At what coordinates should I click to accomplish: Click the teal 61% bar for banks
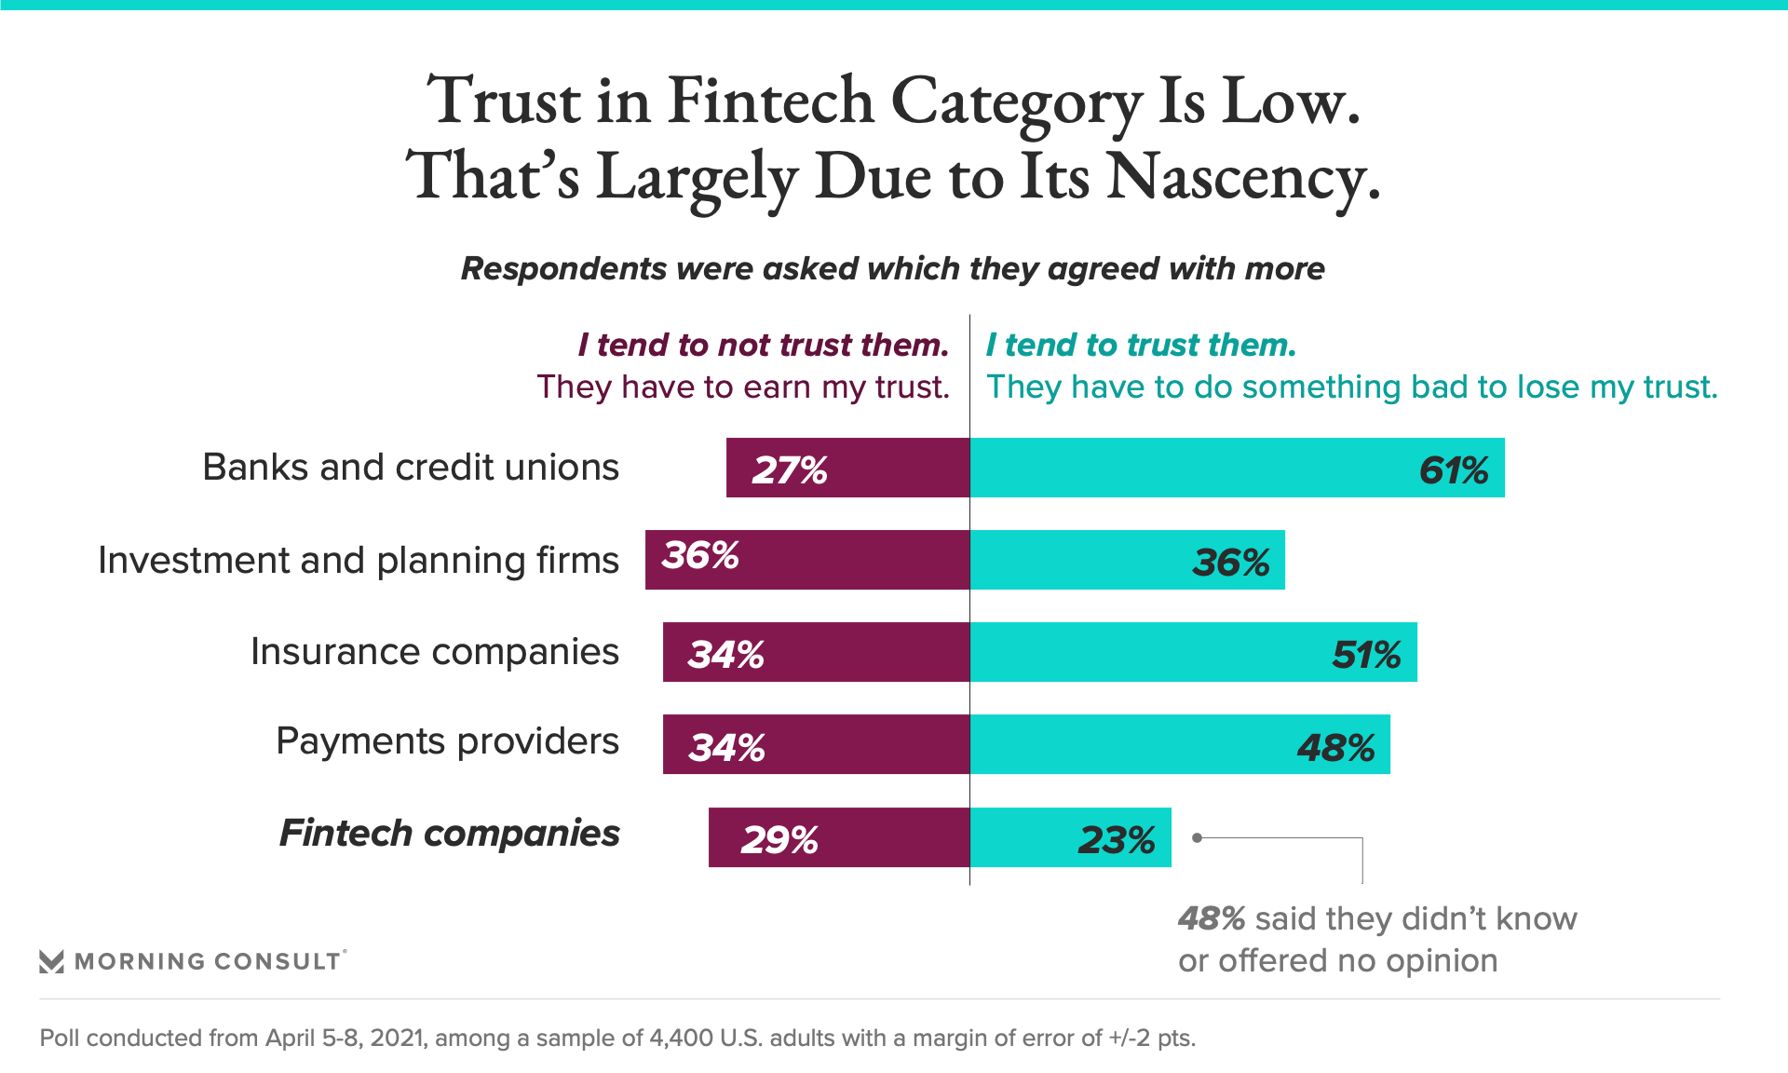coord(1237,468)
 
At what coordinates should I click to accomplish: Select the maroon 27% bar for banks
coord(847,468)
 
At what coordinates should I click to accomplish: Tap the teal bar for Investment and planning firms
coord(1127,560)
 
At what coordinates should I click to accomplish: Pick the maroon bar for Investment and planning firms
coord(807,560)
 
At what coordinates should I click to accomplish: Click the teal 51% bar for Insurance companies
coord(1193,652)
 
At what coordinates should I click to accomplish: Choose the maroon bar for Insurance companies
coord(816,652)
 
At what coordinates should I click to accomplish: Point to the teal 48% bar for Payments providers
coord(1180,744)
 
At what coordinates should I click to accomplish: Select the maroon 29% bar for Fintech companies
coord(838,837)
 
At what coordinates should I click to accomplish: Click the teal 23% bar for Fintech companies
coord(1070,837)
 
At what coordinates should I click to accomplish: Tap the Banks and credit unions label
coord(411,468)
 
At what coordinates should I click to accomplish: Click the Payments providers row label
coord(447,741)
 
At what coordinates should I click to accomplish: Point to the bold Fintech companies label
coord(449,834)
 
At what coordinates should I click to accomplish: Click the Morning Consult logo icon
coord(52,961)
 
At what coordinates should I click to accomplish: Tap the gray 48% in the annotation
coord(1211,919)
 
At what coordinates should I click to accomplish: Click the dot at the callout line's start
coord(1198,837)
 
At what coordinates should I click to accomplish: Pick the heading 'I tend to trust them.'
coord(1141,346)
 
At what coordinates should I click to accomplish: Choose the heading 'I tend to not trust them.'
coord(763,346)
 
